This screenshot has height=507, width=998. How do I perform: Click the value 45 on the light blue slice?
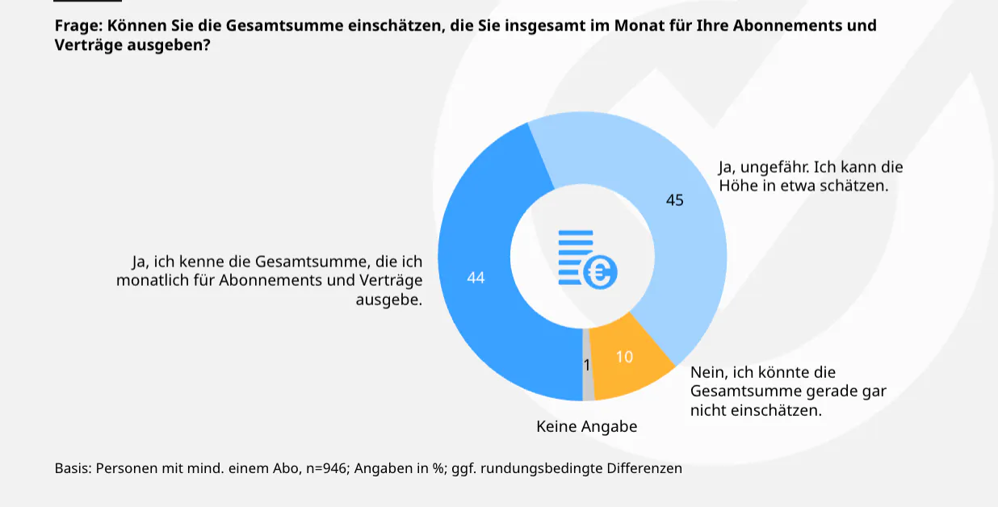674,200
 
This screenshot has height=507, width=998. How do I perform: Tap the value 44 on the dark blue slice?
476,277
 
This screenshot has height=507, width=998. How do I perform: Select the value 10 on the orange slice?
624,356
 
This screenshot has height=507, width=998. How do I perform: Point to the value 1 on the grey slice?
587,365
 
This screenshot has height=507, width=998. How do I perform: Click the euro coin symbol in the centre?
600,273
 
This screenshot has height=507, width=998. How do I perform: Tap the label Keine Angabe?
586,426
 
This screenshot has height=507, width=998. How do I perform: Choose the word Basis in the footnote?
73,468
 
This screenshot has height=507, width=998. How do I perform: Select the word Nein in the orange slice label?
707,372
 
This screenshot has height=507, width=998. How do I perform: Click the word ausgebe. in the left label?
389,299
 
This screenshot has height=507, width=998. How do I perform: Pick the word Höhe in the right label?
737,186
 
